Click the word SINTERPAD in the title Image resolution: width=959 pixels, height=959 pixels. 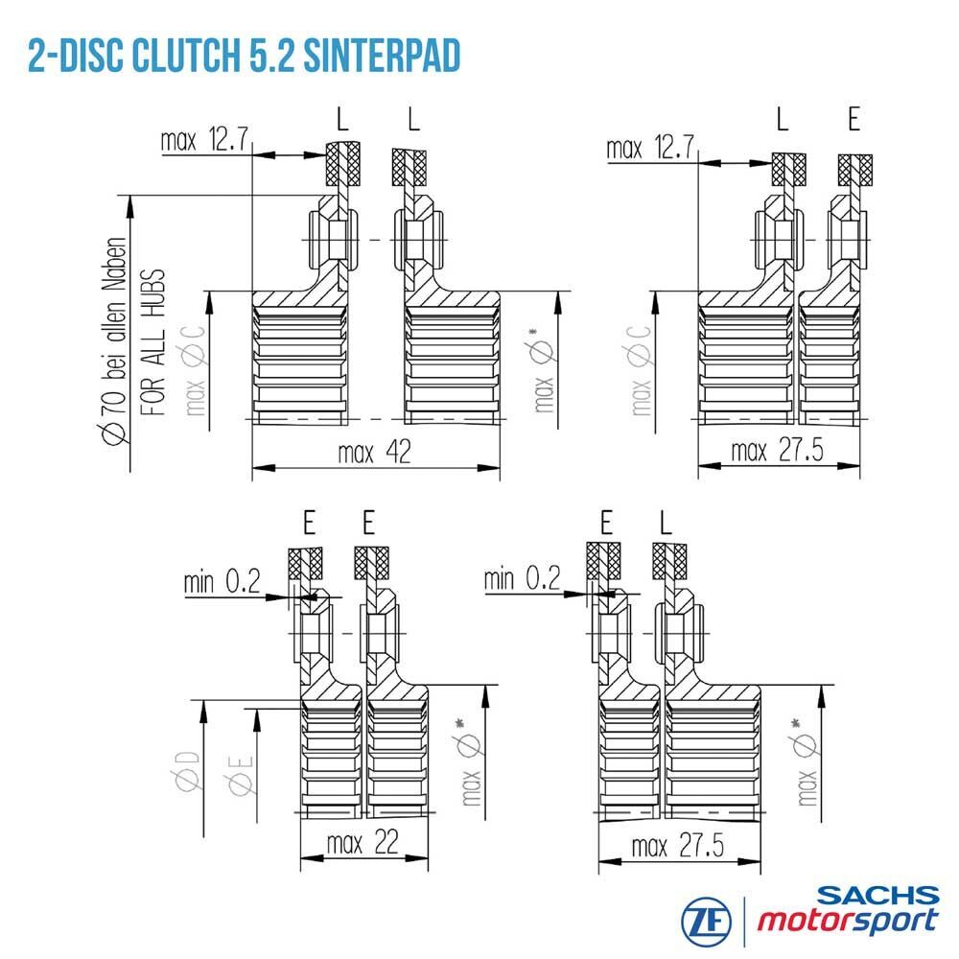point(382,57)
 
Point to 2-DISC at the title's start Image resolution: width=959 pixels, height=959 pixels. point(77,57)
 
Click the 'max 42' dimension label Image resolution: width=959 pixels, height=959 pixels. point(374,453)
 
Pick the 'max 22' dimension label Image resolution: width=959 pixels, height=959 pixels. point(363,843)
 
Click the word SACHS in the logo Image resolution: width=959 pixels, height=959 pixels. point(877,896)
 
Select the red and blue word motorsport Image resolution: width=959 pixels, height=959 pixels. point(848,921)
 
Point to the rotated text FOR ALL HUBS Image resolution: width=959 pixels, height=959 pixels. point(152,342)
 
